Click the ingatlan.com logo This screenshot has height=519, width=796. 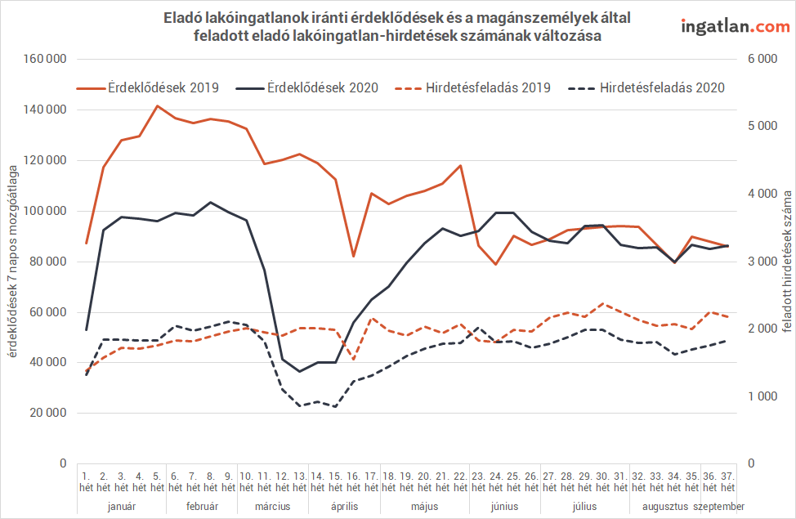pyautogui.click(x=736, y=26)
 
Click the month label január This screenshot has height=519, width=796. pyautogui.click(x=122, y=507)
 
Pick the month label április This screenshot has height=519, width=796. pyautogui.click(x=344, y=507)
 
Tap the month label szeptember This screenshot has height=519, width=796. pyautogui.click(x=718, y=507)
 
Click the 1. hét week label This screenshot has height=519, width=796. pyautogui.click(x=86, y=481)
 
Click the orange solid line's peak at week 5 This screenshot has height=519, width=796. pyautogui.click(x=157, y=105)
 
